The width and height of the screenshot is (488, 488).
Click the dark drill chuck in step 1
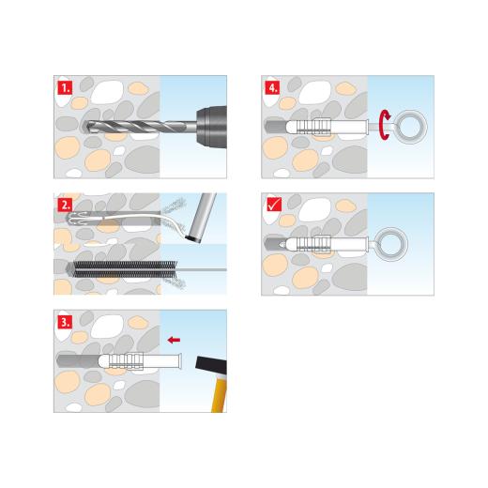coord(207,125)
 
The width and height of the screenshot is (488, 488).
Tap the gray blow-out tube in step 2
coord(197,217)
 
